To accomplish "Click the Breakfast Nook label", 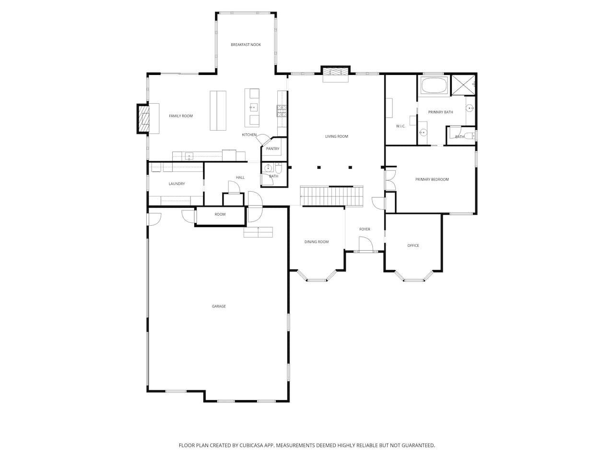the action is click(x=246, y=45).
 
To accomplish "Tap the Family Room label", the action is click(x=181, y=116).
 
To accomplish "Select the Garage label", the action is click(x=219, y=306).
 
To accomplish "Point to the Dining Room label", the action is click(x=317, y=242).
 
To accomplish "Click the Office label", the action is click(x=413, y=245).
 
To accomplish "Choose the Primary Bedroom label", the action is click(x=432, y=180).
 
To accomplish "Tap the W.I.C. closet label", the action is click(x=401, y=126).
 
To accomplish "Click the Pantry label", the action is click(x=272, y=149).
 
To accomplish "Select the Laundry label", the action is click(x=177, y=183).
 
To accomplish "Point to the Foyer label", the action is click(x=365, y=229).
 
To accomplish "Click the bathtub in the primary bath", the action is click(x=433, y=85).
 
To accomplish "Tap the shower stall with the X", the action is click(x=463, y=85).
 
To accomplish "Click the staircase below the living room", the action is click(x=332, y=196).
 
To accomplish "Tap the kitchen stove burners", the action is click(x=282, y=111).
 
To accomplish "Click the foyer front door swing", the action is click(x=366, y=244).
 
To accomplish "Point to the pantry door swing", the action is click(x=263, y=139).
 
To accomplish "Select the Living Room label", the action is click(x=337, y=136).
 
